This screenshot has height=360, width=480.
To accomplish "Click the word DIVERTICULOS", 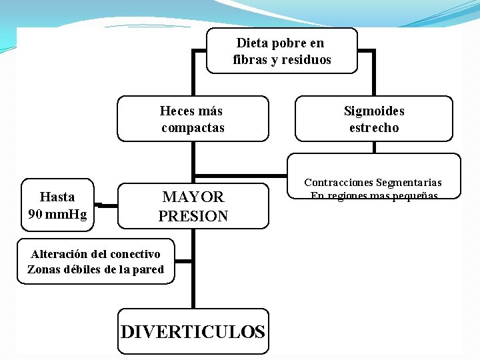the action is tap(193, 331).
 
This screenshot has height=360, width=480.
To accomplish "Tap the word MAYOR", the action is tap(193, 197).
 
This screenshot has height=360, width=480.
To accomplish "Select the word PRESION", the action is tap(193, 216).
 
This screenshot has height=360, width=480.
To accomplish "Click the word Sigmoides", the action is tap(374, 111).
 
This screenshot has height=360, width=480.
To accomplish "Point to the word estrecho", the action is tap(374, 127).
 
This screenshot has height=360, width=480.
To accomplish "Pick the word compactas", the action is tap(193, 127).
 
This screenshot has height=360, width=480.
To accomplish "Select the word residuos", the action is tap(306, 60).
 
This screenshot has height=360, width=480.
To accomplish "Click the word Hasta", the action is tap(57, 197).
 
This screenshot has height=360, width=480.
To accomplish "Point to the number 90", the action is tap(36, 214).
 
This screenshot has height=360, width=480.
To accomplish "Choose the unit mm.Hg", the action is tap(67, 214).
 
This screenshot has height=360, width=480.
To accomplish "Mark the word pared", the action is tap(149, 269).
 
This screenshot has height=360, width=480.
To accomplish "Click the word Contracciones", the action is tap(338, 182).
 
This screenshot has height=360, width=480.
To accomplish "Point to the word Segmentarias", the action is tap(409, 182).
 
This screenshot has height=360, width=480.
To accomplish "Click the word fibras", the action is tap(250, 60).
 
